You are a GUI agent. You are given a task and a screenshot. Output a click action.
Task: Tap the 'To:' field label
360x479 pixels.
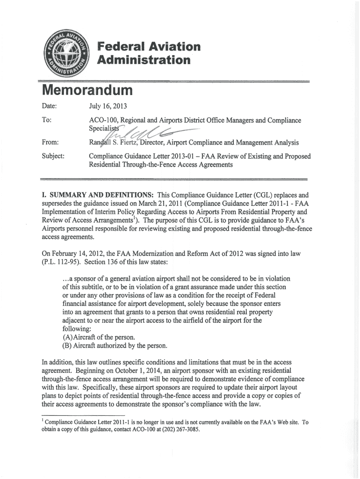(x=47, y=120)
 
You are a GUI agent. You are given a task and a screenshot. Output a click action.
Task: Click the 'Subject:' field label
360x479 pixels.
(x=54, y=156)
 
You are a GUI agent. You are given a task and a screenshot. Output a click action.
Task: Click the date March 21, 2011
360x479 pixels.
(x=189, y=203)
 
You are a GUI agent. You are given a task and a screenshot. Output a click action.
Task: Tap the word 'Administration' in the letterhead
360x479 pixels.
(x=144, y=60)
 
